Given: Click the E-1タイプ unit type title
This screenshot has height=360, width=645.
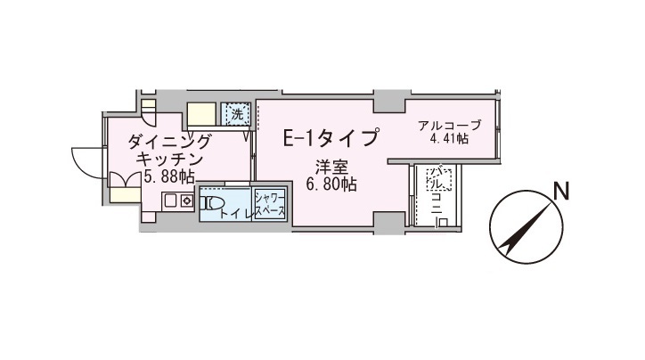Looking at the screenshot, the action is click(331, 137).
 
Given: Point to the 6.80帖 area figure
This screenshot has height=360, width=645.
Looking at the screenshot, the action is click(331, 184).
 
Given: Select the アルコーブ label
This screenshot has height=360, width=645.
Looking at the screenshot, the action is click(449, 125).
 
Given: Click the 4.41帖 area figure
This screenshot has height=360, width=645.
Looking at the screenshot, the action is click(449, 139).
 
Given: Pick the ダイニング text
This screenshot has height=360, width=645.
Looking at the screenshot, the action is click(169, 143).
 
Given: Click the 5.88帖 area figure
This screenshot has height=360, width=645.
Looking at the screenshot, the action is click(169, 176).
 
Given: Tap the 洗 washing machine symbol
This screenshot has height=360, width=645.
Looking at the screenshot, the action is click(236, 114).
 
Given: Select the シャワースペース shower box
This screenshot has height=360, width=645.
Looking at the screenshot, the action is click(270, 204).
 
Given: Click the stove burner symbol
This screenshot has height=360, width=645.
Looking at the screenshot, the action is click(187, 201).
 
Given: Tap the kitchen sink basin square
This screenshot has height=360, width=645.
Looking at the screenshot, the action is click(171, 201).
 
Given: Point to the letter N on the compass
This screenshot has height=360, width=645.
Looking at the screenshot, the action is click(561, 191).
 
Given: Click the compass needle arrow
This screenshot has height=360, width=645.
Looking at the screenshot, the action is click(526, 227).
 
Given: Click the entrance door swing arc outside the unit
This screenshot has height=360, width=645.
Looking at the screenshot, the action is click(86, 162).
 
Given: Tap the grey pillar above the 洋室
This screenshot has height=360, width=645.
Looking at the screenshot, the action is click(389, 101).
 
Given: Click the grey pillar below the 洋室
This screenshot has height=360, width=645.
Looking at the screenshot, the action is click(389, 223).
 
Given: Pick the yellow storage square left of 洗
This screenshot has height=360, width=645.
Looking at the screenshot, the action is click(201, 114).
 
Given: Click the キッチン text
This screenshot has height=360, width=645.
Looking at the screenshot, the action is click(169, 160).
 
